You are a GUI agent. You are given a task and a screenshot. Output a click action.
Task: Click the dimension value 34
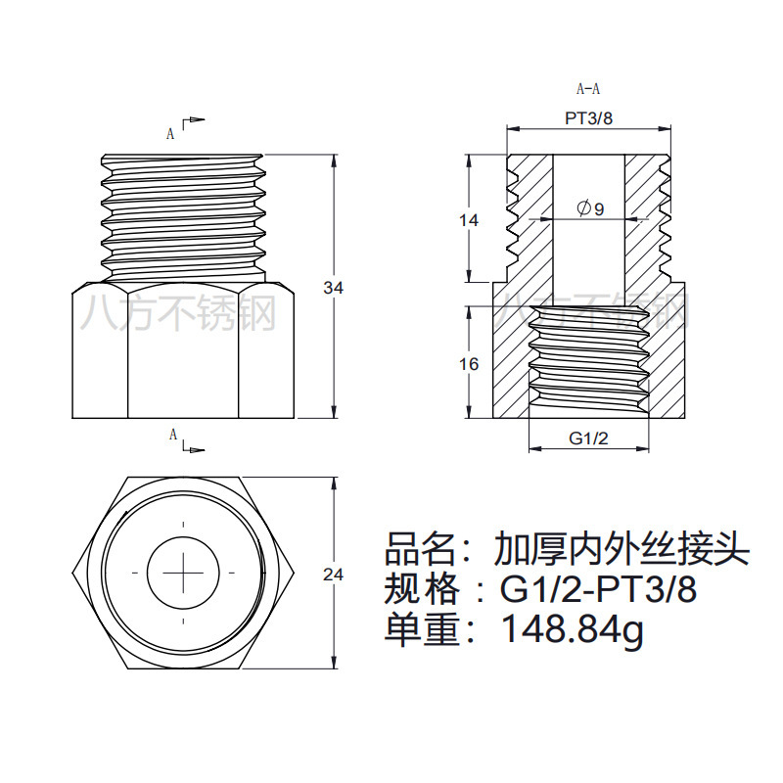pyautogui.click(x=334, y=288)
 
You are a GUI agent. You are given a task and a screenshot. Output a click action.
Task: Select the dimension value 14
pyautogui.click(x=469, y=220)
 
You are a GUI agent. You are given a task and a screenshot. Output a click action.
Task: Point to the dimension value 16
pyautogui.click(x=469, y=364)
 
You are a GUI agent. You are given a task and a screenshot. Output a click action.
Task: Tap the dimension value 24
pyautogui.click(x=334, y=575)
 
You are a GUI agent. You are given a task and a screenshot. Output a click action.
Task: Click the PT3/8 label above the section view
pyautogui.click(x=589, y=118)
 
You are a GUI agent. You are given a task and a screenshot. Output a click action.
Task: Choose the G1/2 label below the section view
pyautogui.click(x=589, y=438)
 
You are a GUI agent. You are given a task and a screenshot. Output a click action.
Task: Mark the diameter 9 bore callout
pyautogui.click(x=590, y=208)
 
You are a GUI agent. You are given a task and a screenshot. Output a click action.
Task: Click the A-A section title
pyautogui.click(x=588, y=89)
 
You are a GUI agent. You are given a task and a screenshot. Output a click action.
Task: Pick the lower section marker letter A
pyautogui.click(x=172, y=434)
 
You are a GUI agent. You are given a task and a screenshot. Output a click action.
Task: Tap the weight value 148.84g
pyautogui.click(x=573, y=630)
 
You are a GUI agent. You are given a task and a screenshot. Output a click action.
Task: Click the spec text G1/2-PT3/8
pyautogui.click(x=598, y=590)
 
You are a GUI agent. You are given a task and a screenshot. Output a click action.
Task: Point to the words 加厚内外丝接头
pyautogui.click(x=621, y=549)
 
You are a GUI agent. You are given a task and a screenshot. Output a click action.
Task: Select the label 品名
pyautogui.click(x=419, y=549)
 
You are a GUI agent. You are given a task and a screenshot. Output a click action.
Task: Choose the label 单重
pyautogui.click(x=419, y=630)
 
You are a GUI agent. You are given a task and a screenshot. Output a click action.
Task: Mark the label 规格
pyautogui.click(x=419, y=590)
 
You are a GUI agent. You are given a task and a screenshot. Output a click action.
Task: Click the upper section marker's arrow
pyautogui.click(x=196, y=120)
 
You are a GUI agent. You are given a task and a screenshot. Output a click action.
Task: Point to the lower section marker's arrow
pyautogui.click(x=196, y=449)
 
